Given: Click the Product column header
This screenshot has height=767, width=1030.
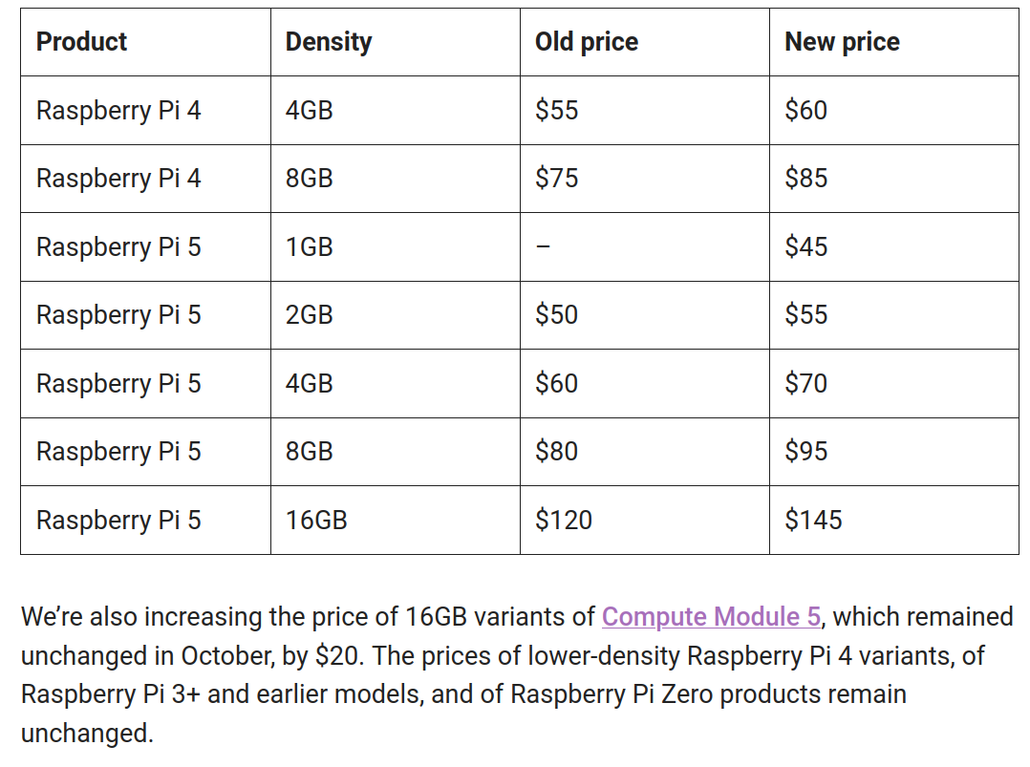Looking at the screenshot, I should coord(81,42).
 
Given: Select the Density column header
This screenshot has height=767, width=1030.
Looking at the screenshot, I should coord(328,42).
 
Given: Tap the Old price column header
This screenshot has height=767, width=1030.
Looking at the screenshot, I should coord(586,42).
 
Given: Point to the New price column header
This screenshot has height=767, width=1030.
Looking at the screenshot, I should coord(842,42).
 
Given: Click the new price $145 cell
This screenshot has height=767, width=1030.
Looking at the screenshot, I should coord(813,520).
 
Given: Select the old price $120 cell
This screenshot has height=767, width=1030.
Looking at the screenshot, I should coord(564,520).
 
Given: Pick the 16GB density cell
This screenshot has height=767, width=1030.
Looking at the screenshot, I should coord(316,520).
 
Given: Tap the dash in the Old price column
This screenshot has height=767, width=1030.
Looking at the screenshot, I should coord(543,246).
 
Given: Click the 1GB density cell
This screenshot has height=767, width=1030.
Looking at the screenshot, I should coord(309,246).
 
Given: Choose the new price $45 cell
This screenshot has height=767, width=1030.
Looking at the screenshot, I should coord(805,246).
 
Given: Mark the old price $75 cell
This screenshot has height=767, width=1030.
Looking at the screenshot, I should coord(556,179).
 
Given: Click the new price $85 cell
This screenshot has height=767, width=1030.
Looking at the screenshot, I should coord(805,179).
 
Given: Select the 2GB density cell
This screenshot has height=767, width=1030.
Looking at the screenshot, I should coord(309,315).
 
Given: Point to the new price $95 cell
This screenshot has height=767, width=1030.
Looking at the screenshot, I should coord(805,451).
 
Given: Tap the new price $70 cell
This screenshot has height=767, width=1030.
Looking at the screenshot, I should coord(805,383).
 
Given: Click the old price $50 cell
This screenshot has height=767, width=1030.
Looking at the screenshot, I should coord(556,315).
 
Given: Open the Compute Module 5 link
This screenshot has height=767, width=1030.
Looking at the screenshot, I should coord(711,616).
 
